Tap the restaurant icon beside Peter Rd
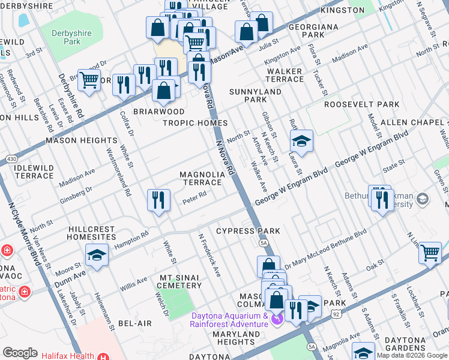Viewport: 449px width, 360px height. coord(157,200)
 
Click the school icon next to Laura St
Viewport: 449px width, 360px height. coord(301,142)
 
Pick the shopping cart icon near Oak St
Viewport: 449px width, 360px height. coord(430,253)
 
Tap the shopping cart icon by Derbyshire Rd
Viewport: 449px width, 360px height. coord(89,79)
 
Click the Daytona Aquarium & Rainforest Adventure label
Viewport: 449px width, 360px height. coord(229,320)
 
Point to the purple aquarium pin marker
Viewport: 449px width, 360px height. coord(276,319)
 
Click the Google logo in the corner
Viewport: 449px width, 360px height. coord(20,353)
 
